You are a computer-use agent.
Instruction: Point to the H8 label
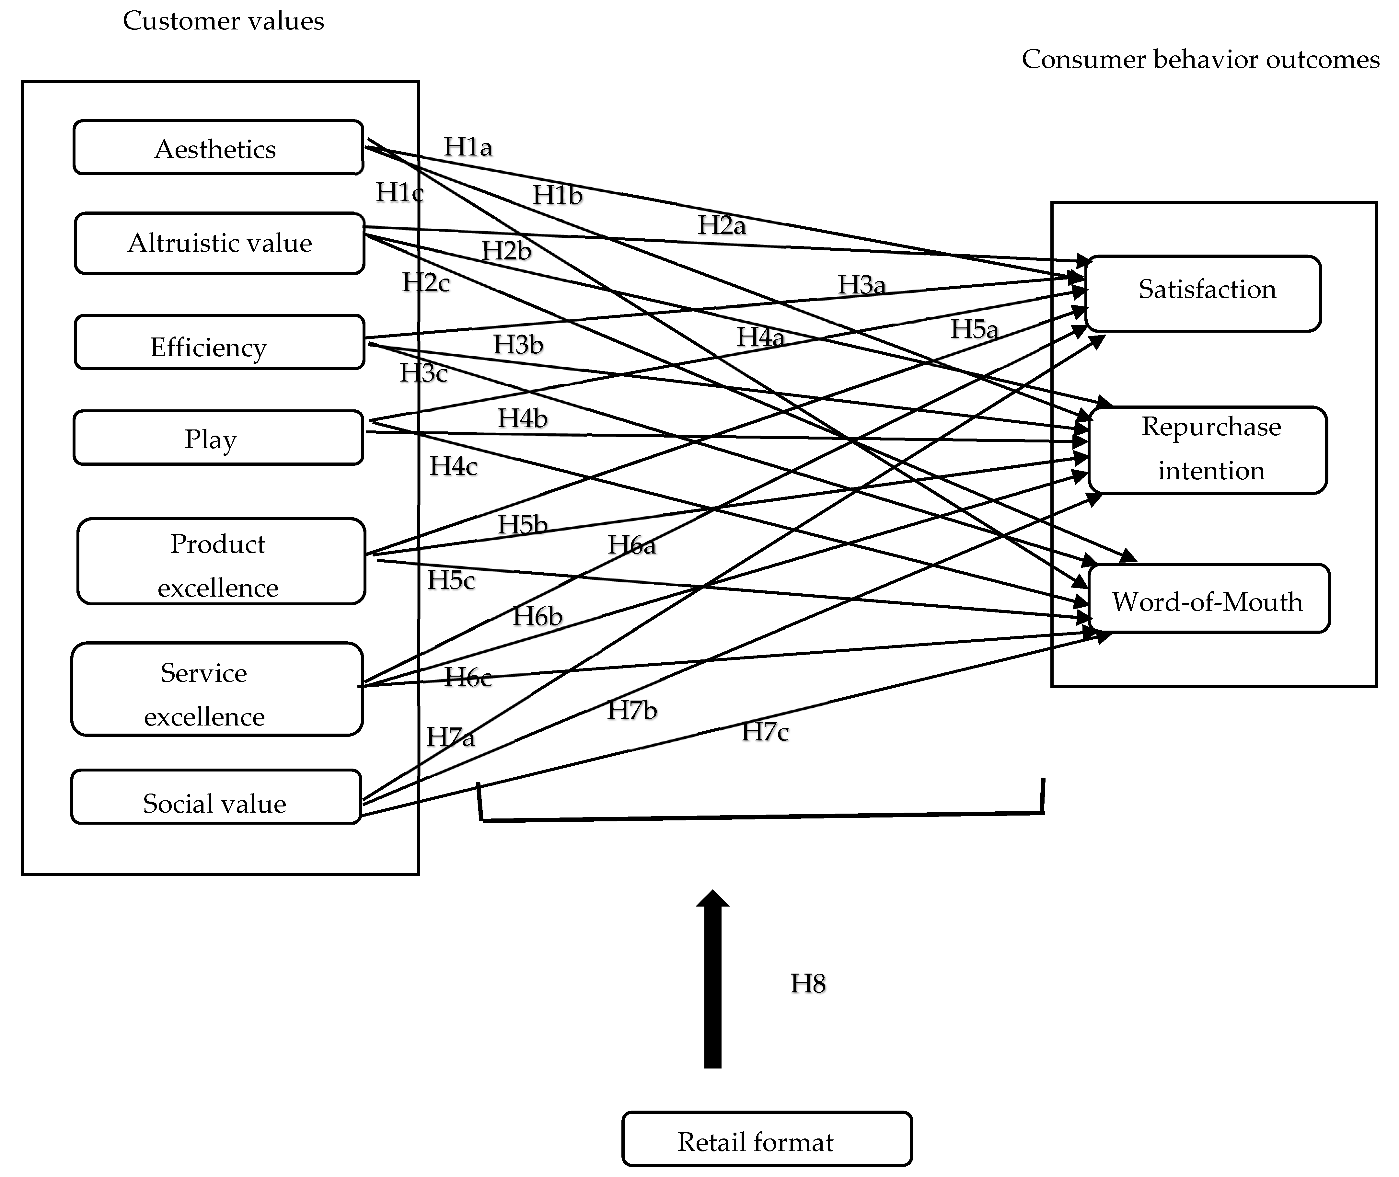808,984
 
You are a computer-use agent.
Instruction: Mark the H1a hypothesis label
468,147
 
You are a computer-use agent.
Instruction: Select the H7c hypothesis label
765,732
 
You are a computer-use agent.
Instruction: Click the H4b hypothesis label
523,418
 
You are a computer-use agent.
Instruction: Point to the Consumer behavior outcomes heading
1200,59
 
